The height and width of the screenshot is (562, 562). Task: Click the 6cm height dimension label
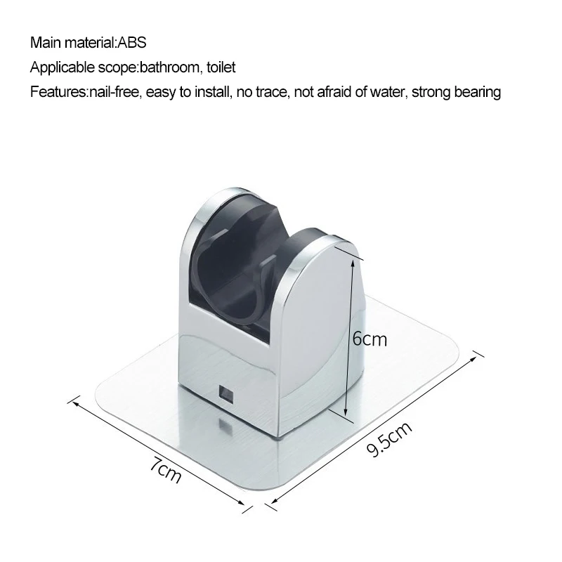pos(369,339)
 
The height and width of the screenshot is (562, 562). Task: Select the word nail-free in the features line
pos(114,92)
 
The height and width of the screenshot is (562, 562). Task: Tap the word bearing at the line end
pos(477,92)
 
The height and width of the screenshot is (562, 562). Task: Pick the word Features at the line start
pos(58,92)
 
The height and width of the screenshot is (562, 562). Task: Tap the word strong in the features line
pos(429,92)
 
